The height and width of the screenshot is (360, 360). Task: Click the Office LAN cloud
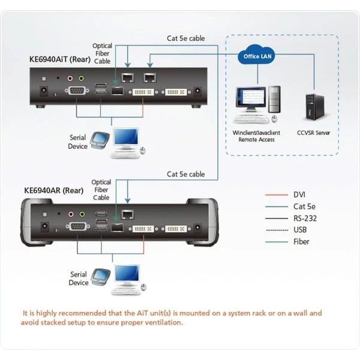(x=258, y=57)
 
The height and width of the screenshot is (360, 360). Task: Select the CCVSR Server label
(x=313, y=133)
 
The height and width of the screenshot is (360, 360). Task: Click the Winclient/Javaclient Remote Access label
(x=257, y=136)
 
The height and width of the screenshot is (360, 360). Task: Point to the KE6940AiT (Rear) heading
(x=60, y=59)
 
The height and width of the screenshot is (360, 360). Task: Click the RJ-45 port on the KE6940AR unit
(x=127, y=214)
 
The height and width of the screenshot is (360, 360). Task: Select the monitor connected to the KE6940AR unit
(x=127, y=276)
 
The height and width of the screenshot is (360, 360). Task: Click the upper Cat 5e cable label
(x=185, y=38)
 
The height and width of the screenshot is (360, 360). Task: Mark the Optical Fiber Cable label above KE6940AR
(x=101, y=190)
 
